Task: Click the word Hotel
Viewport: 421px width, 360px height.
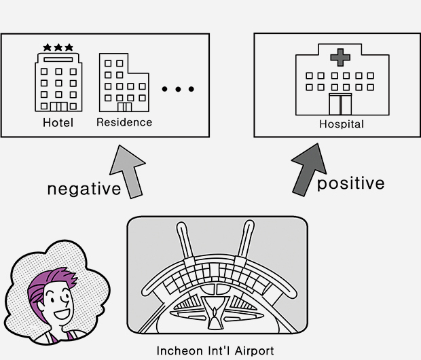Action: coord(58,123)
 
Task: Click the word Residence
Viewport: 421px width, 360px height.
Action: coord(124,122)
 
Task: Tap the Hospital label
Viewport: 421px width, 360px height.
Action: coord(342,124)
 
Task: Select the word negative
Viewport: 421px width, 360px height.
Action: coord(84,188)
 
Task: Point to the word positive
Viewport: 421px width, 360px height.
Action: coord(350,183)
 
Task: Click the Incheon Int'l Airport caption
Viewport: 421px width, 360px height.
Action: coord(215,351)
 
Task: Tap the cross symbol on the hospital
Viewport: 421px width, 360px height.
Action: coord(337,57)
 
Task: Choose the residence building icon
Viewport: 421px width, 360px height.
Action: coord(125,83)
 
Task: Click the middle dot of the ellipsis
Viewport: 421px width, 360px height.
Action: coord(179,89)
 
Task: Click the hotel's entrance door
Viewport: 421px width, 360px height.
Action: coord(58,107)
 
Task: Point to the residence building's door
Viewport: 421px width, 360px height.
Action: coord(124,107)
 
